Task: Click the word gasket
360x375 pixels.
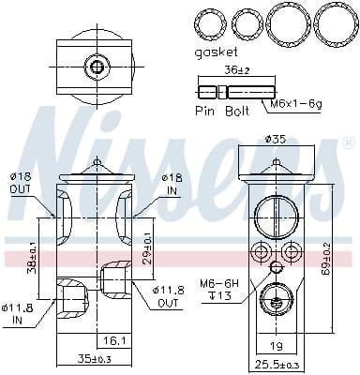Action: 217,53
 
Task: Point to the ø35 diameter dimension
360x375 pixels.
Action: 275,140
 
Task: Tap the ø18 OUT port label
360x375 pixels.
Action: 21,182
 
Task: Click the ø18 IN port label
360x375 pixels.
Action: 170,182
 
